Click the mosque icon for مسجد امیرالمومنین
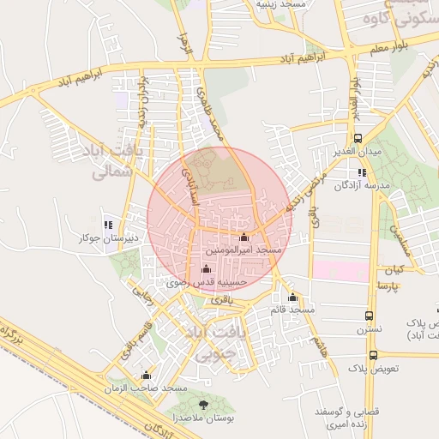244,237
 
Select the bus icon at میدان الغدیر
358,138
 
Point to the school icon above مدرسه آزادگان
362,172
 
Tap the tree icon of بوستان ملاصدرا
203,405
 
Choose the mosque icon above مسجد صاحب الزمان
146,376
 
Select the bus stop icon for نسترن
370,316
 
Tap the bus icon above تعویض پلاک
373,354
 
